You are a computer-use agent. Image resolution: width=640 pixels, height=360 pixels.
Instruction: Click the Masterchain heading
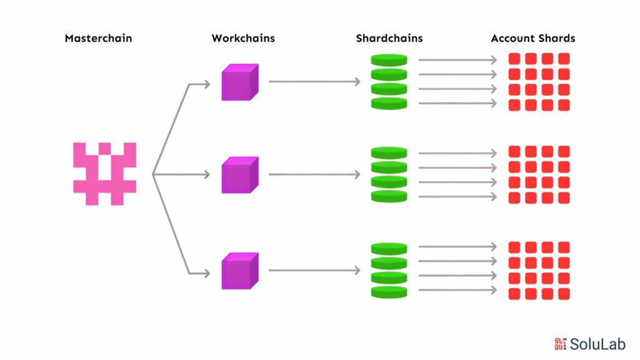coord(98,38)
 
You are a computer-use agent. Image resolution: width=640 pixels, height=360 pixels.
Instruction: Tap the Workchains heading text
coord(243,38)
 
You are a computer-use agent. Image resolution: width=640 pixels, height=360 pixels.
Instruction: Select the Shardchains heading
coord(389,38)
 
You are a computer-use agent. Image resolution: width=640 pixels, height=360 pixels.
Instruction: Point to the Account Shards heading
coord(533,38)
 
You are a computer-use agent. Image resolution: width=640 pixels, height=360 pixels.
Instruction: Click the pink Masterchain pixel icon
coord(104,174)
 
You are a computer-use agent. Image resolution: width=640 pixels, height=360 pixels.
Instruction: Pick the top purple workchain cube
coord(240,82)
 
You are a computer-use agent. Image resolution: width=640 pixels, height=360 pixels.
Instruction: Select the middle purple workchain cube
coord(240,175)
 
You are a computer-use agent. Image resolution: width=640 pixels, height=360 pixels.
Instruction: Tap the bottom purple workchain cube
coord(240,271)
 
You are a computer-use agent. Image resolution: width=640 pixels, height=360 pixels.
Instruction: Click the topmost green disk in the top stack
coord(389,60)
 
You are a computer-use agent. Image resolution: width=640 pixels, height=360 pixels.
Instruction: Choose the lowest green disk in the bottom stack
coord(389,292)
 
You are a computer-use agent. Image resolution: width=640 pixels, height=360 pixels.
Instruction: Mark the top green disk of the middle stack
coord(389,152)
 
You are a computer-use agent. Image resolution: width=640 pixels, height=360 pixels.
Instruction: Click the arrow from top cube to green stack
coord(314,82)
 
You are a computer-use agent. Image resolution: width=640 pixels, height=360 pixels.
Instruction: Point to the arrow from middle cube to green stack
coord(314,175)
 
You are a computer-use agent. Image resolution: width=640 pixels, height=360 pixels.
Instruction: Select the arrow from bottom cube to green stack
coord(314,270)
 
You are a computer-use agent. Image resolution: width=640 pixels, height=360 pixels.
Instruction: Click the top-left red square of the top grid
coord(514,59)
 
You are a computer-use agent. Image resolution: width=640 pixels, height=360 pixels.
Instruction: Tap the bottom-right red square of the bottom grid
coord(564,294)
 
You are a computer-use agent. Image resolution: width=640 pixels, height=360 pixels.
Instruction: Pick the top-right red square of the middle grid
coord(564,151)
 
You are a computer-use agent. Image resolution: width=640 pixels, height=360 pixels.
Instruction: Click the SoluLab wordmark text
coord(597,344)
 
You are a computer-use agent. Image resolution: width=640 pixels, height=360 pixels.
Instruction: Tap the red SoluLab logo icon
coord(561,344)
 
